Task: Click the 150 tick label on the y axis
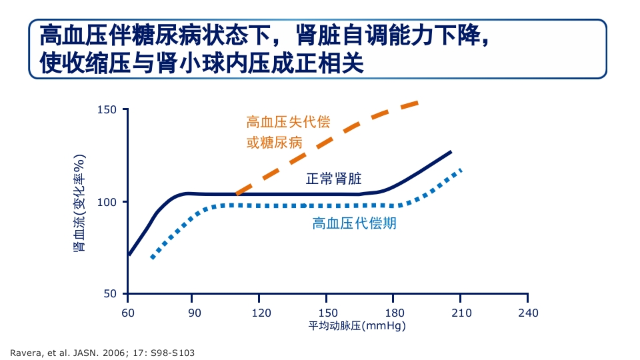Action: pos(107,110)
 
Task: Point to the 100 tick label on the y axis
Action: pos(107,202)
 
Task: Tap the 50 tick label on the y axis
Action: pos(110,294)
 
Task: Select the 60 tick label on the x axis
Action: pos(128,313)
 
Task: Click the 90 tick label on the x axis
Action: pos(195,313)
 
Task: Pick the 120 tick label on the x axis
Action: pos(261,313)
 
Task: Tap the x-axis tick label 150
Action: pos(328,313)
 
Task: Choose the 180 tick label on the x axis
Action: pos(395,313)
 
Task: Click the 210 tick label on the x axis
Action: pos(461,313)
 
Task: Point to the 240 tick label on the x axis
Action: pos(528,313)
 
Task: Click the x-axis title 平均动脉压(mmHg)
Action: pos(357,326)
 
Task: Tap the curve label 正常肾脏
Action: pos(333,179)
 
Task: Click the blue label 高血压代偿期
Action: pos(354,223)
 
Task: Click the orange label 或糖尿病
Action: pos(274,143)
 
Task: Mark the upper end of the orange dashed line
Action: pos(416,103)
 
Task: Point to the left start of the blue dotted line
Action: pos(153,257)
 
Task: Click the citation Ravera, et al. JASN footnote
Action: pos(102,352)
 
